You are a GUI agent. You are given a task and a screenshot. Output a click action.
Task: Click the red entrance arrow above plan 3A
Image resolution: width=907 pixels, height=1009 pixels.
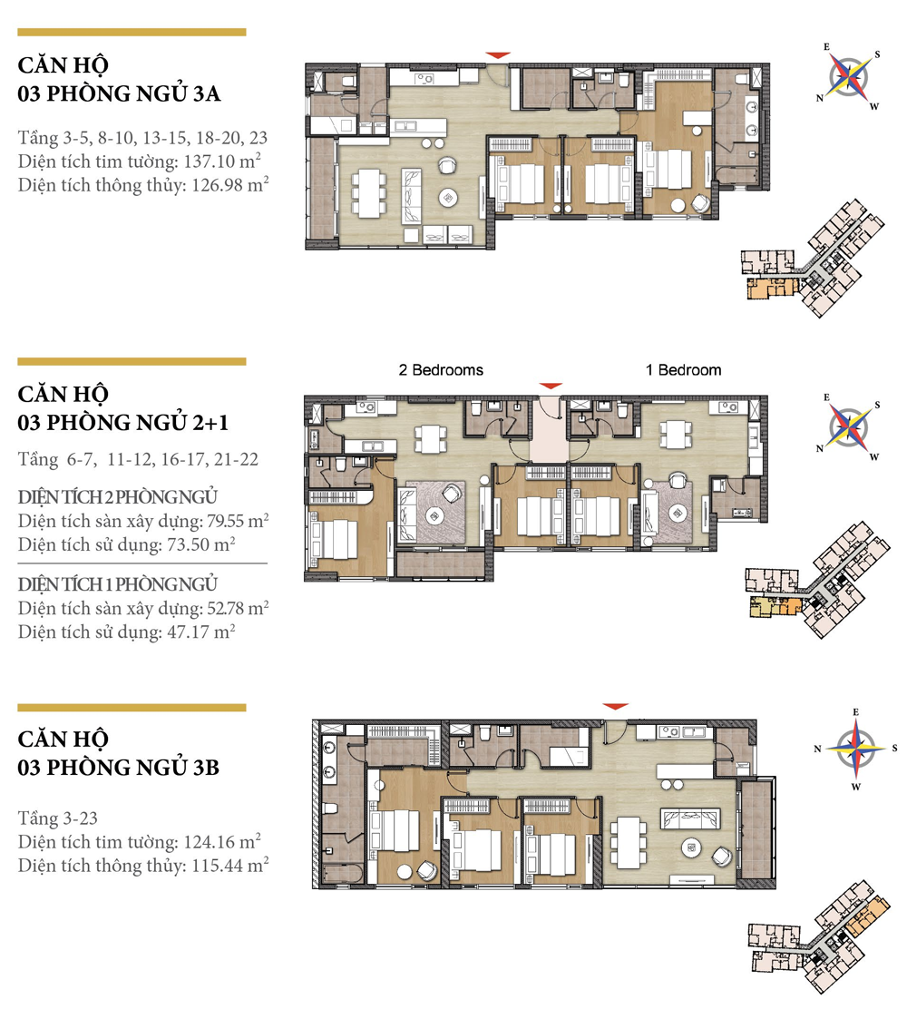[499, 56]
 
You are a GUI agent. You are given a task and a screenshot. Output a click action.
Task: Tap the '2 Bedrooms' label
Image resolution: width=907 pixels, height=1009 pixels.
[441, 370]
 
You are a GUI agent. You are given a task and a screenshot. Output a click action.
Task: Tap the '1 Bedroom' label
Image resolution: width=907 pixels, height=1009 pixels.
[683, 370]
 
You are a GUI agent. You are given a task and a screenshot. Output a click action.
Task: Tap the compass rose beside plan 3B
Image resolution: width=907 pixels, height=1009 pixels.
[853, 748]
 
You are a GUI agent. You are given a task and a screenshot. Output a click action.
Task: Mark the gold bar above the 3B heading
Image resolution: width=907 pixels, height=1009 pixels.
[132, 707]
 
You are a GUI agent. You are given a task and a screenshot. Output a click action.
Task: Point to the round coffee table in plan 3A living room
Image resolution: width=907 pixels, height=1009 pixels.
[449, 197]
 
